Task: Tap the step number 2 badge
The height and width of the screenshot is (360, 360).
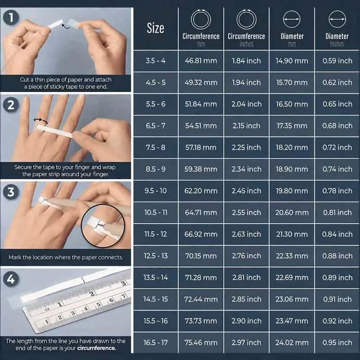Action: coord(9,105)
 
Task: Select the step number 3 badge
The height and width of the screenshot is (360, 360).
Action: coord(9,192)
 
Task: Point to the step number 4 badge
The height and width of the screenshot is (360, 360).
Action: coord(9,279)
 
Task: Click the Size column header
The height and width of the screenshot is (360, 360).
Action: coord(155,28)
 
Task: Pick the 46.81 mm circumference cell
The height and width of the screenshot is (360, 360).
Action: coord(201,61)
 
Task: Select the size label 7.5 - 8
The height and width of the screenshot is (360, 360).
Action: coord(155,148)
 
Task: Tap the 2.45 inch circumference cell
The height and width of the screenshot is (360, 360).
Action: coord(246,191)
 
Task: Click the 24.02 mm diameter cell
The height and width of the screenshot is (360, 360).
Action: coord(292,342)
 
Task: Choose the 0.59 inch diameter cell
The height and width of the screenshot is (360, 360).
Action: coord(337,61)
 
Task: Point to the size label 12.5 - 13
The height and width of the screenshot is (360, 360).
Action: coord(155,256)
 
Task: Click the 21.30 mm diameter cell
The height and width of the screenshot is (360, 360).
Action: coord(292,234)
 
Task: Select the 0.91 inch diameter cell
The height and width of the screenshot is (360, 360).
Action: coord(337,299)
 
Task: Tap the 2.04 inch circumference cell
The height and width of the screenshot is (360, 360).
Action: coord(246,104)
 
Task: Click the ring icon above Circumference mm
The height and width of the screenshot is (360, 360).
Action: coord(201,20)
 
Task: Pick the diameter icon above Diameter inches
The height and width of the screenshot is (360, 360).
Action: coord(337,20)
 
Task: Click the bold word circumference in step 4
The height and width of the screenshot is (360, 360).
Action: coord(96,348)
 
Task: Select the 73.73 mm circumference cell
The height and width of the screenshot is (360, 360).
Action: coord(201,321)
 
